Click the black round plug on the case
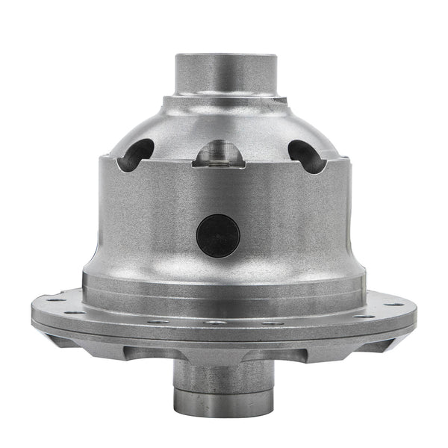click(218, 236)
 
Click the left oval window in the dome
click(139, 154)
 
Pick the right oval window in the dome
click(306, 155)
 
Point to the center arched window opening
click(217, 154)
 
